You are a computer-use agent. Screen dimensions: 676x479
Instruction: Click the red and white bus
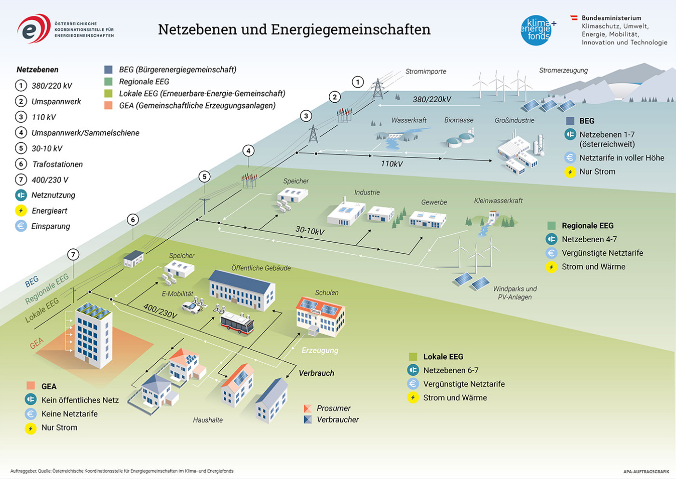coord(237,324)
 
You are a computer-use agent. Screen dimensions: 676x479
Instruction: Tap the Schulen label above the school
coord(326,292)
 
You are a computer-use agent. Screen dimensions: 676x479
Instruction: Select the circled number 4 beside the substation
coord(248,151)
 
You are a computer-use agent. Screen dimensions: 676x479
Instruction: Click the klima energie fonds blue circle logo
coord(536,30)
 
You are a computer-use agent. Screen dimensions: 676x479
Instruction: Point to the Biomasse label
coord(459,120)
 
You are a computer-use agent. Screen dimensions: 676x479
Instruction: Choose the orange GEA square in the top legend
coord(108,105)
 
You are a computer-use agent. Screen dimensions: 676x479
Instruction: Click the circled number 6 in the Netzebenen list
coord(21,164)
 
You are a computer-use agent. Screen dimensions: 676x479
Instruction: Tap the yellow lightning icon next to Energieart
coord(21,210)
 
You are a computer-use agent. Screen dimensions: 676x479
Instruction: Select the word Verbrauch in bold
coord(316,373)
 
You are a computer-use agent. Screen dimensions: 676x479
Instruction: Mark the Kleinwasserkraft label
coord(498,200)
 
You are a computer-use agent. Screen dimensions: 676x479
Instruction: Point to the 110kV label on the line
coord(392,164)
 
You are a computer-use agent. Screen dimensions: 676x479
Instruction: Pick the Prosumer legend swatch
coord(308,408)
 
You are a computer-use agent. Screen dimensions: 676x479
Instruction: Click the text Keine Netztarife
coord(69,413)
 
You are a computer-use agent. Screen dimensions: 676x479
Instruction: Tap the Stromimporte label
coord(426,71)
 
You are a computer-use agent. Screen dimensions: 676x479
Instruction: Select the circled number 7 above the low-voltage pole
coord(73,254)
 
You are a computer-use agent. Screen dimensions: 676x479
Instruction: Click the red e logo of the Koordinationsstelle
coord(34,28)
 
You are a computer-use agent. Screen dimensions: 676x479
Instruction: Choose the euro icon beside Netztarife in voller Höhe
coord(570,158)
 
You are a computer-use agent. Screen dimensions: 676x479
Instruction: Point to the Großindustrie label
coord(514,120)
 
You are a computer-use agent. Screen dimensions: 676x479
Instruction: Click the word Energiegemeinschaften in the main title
coord(351,29)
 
